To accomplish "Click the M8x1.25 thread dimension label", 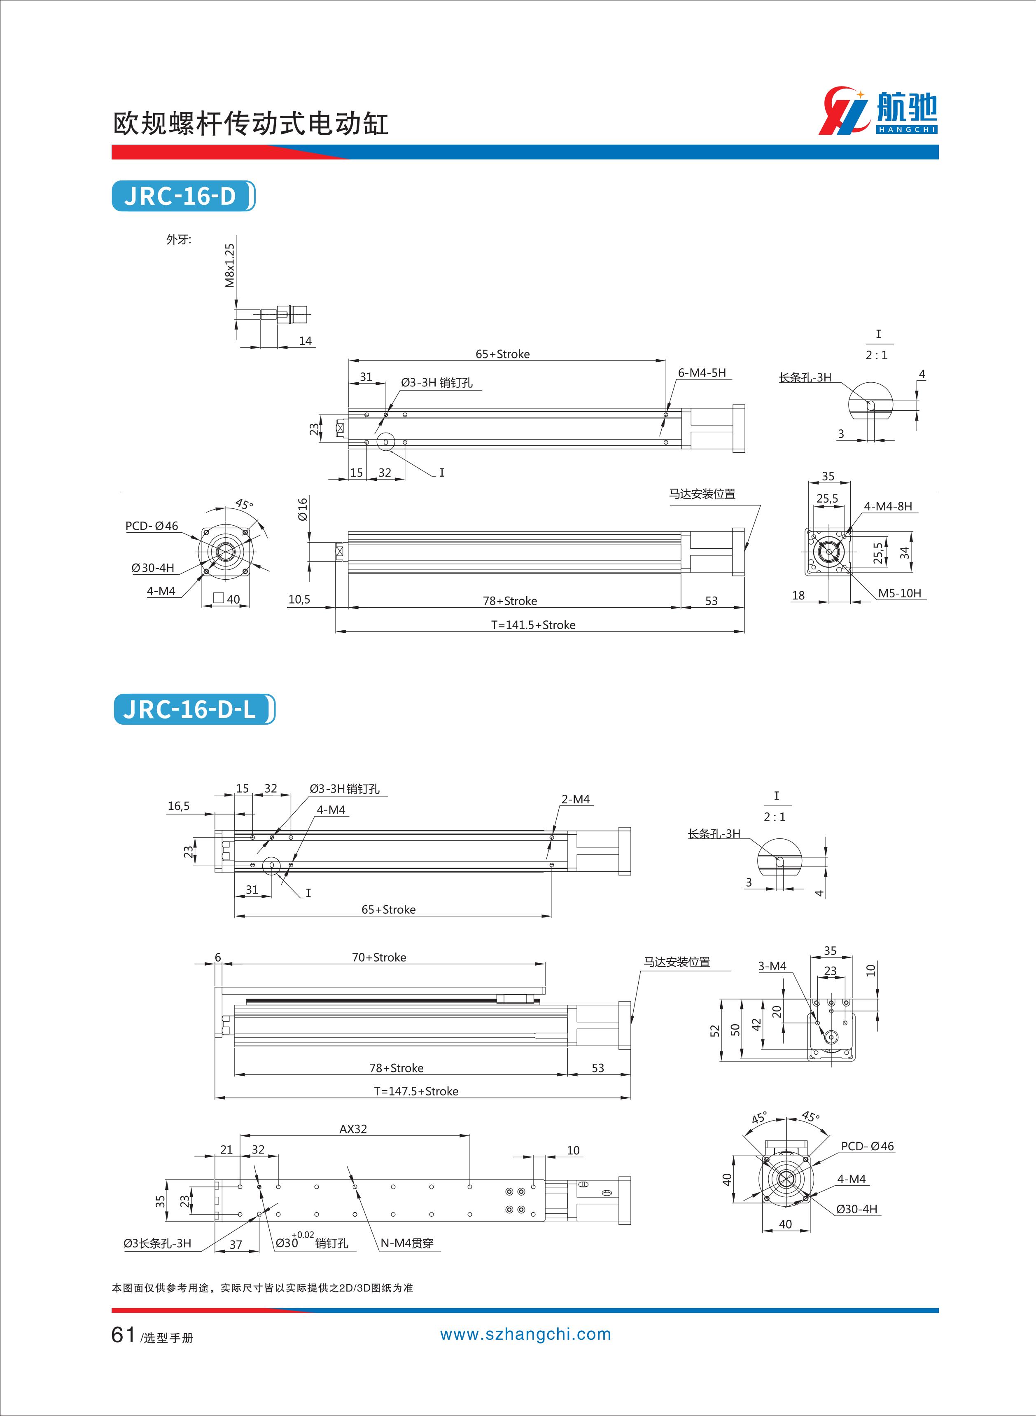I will pyautogui.click(x=230, y=265).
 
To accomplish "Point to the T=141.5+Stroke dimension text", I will pyautogui.click(x=533, y=625).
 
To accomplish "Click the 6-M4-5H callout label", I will pyautogui.click(x=702, y=373).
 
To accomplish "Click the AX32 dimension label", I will pyautogui.click(x=353, y=1129).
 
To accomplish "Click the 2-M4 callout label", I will pyautogui.click(x=575, y=799).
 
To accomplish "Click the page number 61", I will pyautogui.click(x=123, y=1335).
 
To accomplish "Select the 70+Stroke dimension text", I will pyautogui.click(x=379, y=957).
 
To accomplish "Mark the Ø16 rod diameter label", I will pyautogui.click(x=303, y=509).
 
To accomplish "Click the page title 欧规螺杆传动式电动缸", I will pyautogui.click(x=251, y=124).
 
